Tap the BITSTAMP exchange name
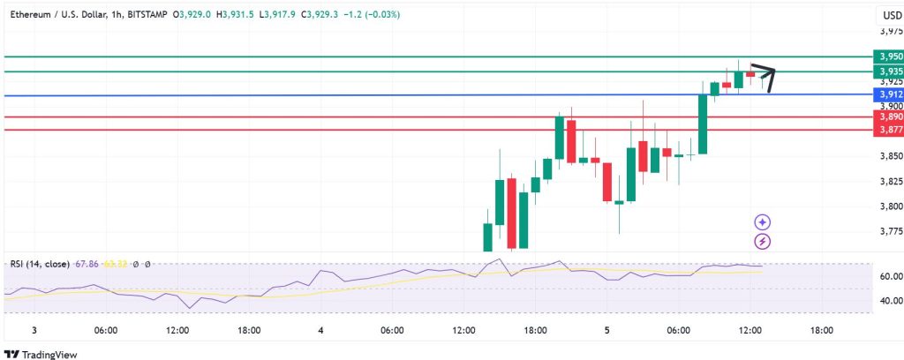click(145, 14)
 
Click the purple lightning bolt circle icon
click(763, 240)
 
